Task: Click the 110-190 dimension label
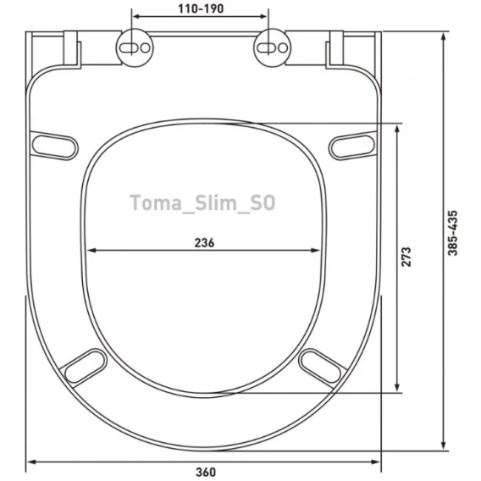pos(201,8)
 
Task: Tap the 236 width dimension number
pos(204,243)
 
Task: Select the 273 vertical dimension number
pos(406,257)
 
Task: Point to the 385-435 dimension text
pos(452,233)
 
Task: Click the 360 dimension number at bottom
pos(206,472)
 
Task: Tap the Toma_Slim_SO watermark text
pos(202,202)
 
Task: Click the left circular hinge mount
pos(135,47)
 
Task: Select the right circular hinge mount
pos(272,47)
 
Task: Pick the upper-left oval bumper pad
pos(54,146)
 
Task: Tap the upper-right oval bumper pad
pos(352,146)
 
